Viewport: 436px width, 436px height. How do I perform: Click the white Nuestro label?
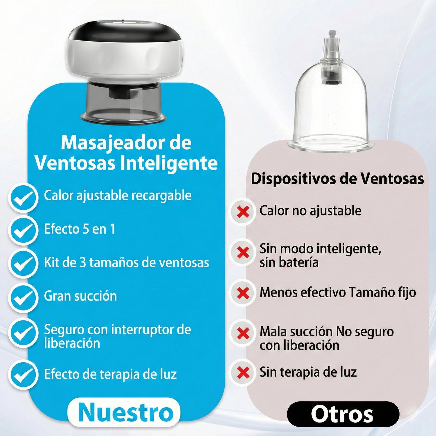click(x=124, y=412)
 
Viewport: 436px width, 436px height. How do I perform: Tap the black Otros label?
click(x=343, y=414)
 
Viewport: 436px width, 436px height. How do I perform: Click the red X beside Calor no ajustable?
click(x=243, y=212)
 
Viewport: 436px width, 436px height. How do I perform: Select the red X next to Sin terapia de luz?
click(x=243, y=373)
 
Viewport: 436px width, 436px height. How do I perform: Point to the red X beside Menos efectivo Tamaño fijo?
click(x=243, y=293)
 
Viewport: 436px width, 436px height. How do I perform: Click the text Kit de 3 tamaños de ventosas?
click(x=126, y=263)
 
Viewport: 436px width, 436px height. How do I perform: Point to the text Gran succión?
click(x=80, y=296)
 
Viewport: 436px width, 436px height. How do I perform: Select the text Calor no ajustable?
click(x=310, y=211)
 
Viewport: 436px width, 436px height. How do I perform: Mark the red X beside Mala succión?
click(x=243, y=333)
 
